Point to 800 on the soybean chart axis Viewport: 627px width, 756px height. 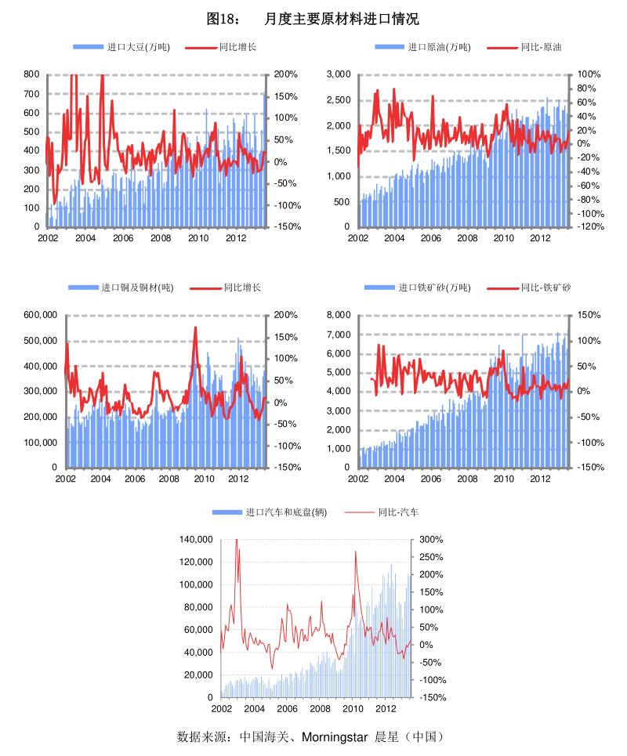point(31,74)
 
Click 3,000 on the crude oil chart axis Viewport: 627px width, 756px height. point(338,74)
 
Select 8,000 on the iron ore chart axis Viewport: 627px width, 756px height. point(338,315)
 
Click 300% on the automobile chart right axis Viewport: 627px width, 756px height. point(432,540)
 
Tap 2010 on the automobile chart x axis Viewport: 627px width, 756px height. point(353,708)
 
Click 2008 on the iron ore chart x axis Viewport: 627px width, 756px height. point(468,479)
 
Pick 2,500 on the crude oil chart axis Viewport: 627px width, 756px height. point(338,100)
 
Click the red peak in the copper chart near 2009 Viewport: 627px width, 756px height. point(195,327)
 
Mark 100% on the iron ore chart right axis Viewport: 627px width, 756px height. point(590,341)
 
